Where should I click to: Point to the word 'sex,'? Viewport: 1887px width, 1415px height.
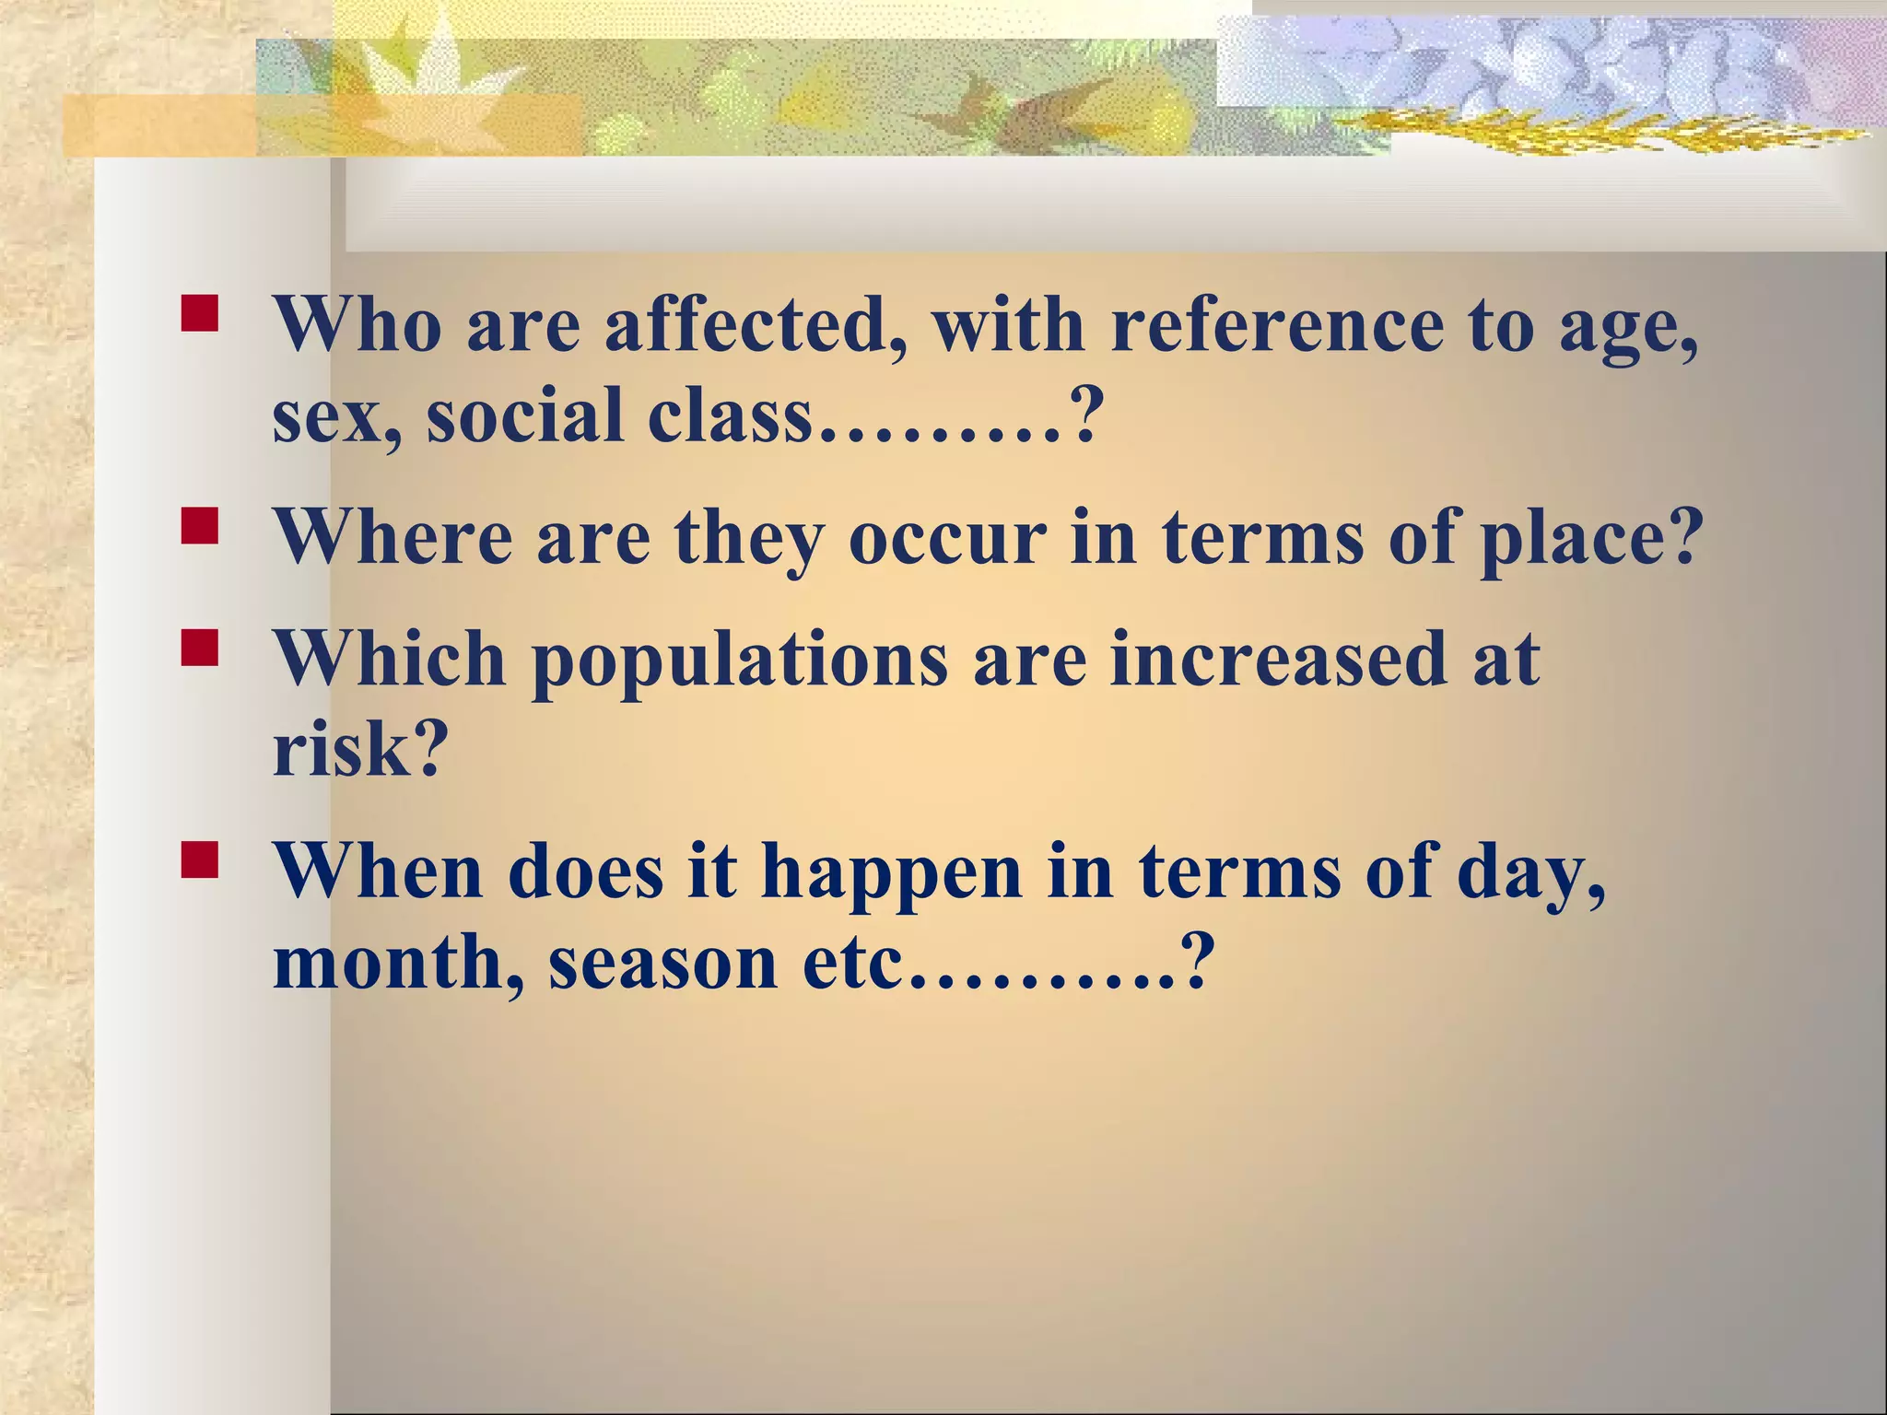click(335, 416)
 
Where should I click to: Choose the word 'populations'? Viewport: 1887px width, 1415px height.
click(740, 661)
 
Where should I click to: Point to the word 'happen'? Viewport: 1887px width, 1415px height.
click(891, 873)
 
